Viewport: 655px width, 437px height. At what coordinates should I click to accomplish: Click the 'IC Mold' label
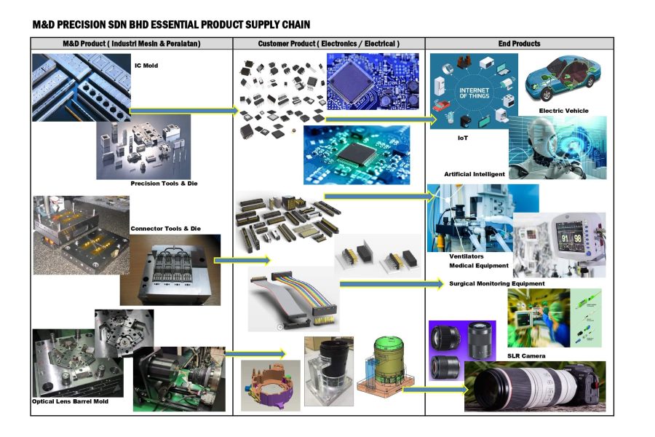[146, 66]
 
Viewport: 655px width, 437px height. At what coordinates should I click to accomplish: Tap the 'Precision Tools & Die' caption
[164, 183]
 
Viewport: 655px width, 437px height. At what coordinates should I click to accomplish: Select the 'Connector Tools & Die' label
[165, 229]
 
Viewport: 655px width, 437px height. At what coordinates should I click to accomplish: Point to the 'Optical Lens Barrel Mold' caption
[70, 401]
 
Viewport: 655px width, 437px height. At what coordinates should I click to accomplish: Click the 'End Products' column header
[519, 44]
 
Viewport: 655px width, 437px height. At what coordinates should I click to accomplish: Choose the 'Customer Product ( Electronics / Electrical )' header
[329, 44]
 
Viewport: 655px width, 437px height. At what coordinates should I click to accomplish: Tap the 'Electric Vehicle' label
[563, 111]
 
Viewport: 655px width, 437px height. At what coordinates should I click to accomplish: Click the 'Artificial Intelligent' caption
[475, 174]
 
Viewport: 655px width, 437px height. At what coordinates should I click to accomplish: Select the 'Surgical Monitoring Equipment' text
[496, 283]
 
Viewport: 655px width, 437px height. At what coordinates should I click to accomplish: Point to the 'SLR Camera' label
[526, 356]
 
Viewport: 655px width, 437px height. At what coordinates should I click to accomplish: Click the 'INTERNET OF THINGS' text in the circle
[474, 92]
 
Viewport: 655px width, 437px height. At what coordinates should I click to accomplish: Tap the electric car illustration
[563, 78]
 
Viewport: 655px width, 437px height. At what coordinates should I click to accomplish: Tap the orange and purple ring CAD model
[270, 385]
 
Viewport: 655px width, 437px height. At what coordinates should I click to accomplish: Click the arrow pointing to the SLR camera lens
[435, 390]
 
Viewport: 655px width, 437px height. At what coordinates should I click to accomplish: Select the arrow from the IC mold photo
[184, 111]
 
